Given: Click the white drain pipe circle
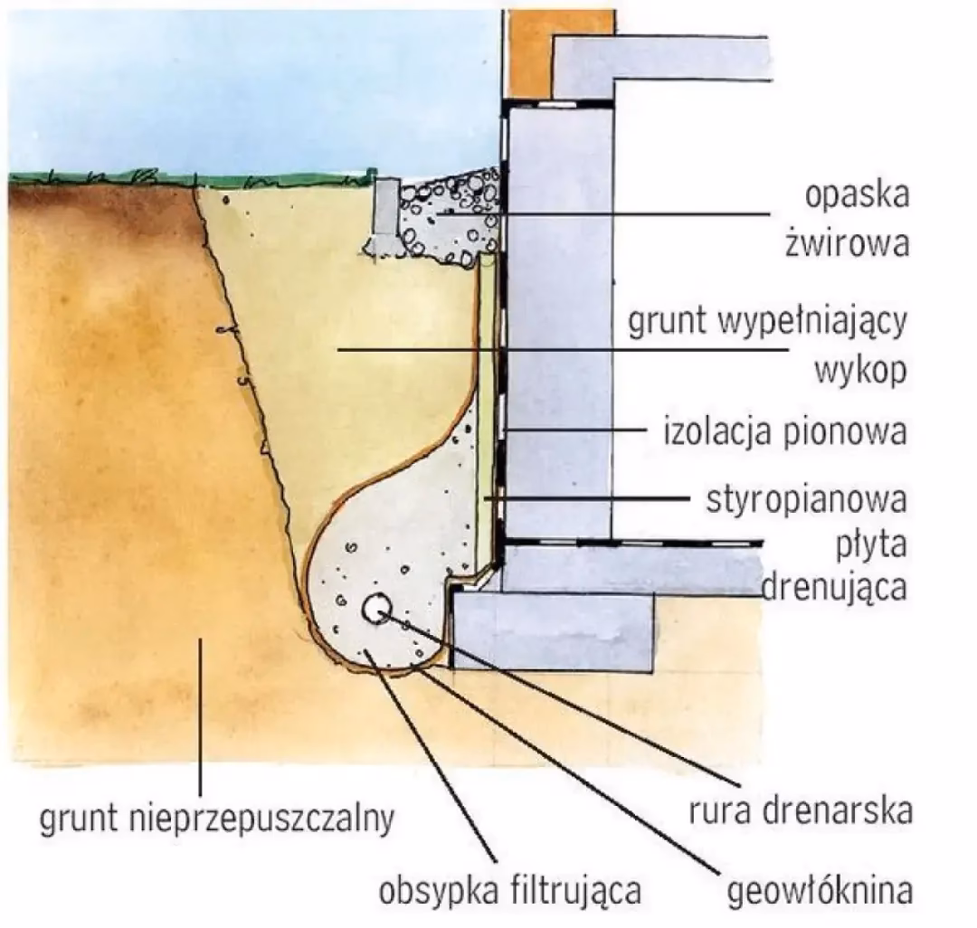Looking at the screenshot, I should pos(375,609).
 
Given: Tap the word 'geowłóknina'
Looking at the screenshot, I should pos(819,891).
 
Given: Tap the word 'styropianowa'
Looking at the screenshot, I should pos(806,499).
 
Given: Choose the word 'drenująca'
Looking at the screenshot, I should pos(833,588).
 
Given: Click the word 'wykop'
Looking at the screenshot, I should pos(860,370).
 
